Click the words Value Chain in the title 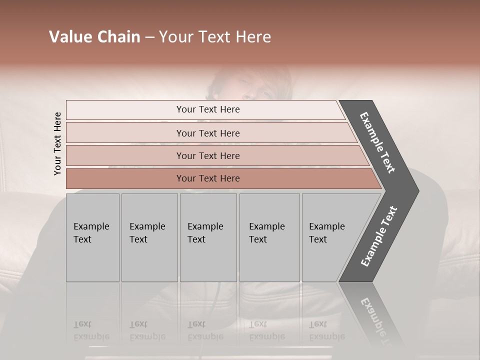click(x=94, y=37)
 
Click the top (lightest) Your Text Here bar click(x=207, y=109)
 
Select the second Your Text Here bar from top click(x=207, y=133)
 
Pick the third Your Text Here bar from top click(x=207, y=155)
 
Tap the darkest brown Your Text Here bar click(x=207, y=178)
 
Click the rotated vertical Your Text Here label click(x=57, y=144)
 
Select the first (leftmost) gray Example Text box click(x=92, y=237)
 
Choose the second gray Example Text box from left click(x=149, y=237)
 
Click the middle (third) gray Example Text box click(x=208, y=237)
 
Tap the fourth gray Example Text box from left click(x=269, y=237)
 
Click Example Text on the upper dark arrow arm click(x=377, y=142)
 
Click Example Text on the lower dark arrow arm click(x=379, y=236)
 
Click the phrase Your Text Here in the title click(x=215, y=37)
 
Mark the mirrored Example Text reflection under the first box click(x=91, y=331)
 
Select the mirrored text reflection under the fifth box click(x=326, y=331)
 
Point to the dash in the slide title click(x=149, y=37)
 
